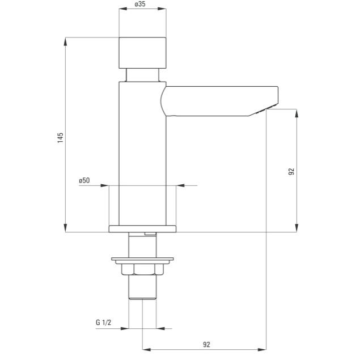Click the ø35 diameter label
coord(140,4)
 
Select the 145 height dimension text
coord(61,138)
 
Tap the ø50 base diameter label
coord(84,180)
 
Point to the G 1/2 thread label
coord(103,323)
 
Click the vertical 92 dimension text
coord(291,172)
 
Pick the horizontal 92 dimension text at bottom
coord(206,344)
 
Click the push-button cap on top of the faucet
coord(142,53)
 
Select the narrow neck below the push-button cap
coord(142,75)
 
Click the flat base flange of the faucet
coord(142,229)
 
